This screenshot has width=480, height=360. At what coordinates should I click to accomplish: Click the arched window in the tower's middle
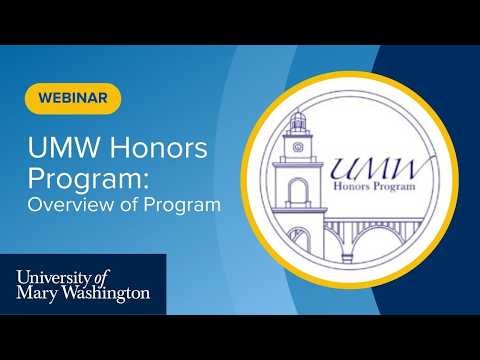click(x=298, y=191)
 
